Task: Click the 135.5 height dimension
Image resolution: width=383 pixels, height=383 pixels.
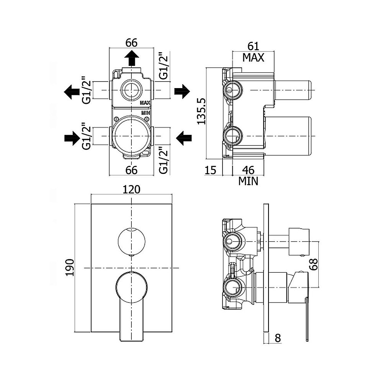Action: pyautogui.click(x=202, y=111)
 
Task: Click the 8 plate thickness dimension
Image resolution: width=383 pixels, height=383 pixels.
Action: pyautogui.click(x=278, y=338)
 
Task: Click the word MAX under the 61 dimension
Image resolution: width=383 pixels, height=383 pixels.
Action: pyautogui.click(x=254, y=58)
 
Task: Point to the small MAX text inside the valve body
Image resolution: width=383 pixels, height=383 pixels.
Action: pyautogui.click(x=145, y=103)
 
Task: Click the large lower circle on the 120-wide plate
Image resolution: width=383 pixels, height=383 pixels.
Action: pyautogui.click(x=131, y=287)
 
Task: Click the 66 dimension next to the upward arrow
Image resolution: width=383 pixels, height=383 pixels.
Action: pyautogui.click(x=131, y=43)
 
